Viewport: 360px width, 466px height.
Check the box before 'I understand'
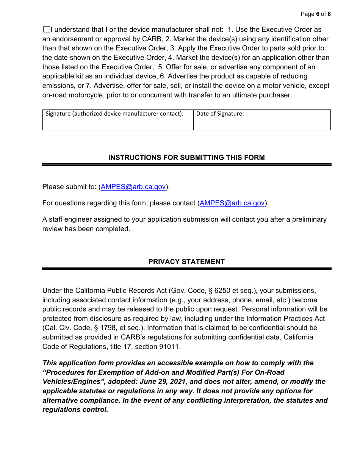(x=46, y=30)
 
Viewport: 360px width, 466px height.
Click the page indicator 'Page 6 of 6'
(x=315, y=14)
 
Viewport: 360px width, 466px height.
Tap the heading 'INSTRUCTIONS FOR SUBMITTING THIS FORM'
(x=186, y=158)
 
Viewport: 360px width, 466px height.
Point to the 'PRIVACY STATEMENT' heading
(x=186, y=262)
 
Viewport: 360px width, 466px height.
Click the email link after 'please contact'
(x=232, y=203)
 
